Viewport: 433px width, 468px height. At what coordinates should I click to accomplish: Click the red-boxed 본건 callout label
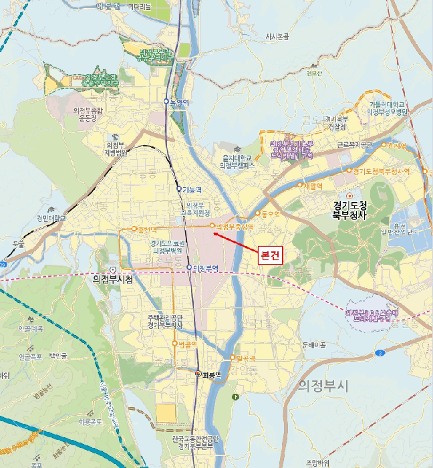coord(271,255)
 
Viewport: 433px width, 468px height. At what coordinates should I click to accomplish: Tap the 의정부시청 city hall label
coord(112,279)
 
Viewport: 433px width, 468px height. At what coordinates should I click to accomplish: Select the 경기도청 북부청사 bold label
coord(350,209)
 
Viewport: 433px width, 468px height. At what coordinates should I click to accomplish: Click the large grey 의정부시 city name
coord(323,385)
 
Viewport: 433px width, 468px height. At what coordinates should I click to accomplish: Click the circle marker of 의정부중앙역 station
coord(212,225)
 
